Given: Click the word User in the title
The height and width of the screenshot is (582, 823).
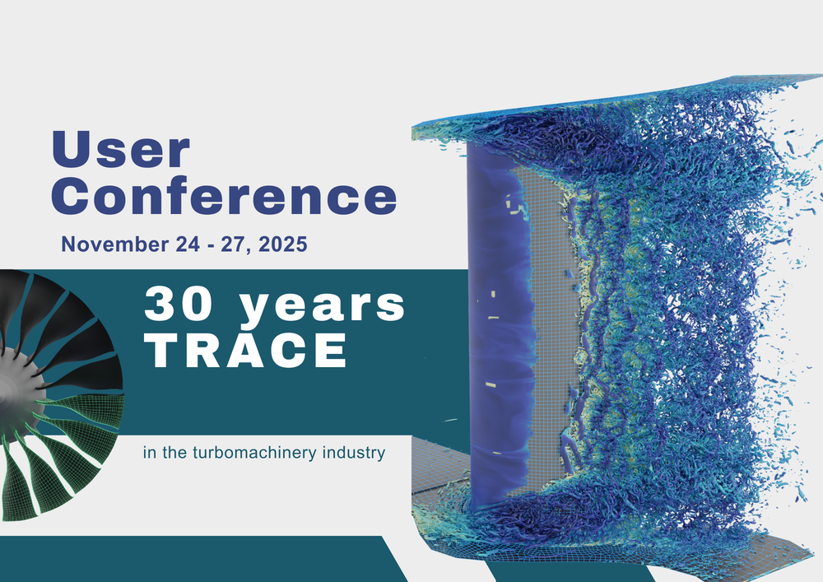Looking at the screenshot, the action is click(121, 149).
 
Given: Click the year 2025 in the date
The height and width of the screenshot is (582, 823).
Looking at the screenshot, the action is click(282, 244).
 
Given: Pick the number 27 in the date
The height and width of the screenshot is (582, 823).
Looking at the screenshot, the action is click(233, 244).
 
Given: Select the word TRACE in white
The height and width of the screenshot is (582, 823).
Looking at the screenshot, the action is click(246, 350).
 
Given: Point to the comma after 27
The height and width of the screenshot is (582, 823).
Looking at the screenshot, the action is click(249, 251).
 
